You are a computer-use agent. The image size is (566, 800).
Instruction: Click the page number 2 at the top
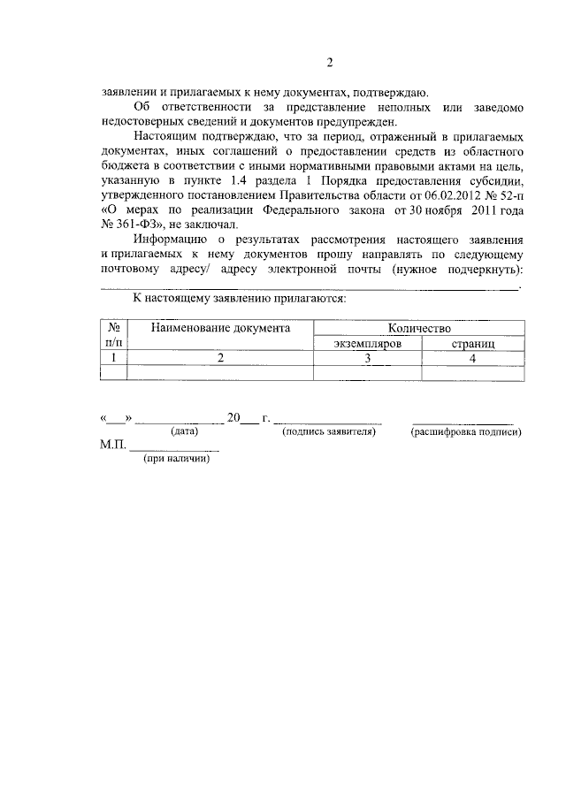(x=329, y=63)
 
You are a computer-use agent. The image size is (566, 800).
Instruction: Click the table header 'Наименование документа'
(x=220, y=328)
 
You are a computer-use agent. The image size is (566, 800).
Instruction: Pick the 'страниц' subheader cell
(x=472, y=342)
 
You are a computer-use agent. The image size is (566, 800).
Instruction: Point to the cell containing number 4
(x=472, y=357)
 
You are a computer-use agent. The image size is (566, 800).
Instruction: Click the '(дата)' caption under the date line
(x=184, y=432)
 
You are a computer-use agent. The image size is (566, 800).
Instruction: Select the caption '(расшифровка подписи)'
(x=465, y=432)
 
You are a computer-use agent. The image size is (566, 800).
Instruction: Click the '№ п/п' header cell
(x=113, y=334)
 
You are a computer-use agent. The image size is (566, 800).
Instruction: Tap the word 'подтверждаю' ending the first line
(x=390, y=92)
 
